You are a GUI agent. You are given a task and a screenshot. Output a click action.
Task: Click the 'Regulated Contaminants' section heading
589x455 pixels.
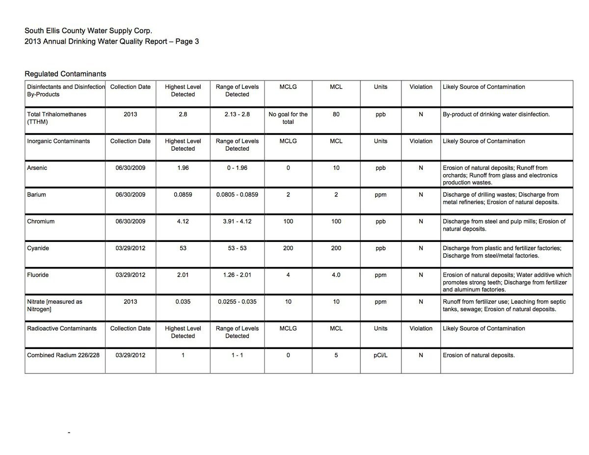(x=65, y=74)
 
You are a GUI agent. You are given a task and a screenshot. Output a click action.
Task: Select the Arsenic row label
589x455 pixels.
(x=37, y=168)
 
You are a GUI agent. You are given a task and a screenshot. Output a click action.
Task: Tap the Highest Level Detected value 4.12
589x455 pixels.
(x=183, y=221)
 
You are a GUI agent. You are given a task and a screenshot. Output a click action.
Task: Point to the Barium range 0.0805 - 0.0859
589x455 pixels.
(x=237, y=194)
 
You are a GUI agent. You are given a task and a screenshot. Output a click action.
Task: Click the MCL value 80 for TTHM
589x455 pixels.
(x=336, y=114)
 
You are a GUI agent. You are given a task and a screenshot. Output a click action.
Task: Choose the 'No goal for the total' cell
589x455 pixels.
(x=288, y=118)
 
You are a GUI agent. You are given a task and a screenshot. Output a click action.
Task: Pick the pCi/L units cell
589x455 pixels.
(x=380, y=355)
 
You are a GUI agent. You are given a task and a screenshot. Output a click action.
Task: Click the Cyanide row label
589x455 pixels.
(x=38, y=248)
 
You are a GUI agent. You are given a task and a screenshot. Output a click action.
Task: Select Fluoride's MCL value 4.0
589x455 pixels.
(x=336, y=275)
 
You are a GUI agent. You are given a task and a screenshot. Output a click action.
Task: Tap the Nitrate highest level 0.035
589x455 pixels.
(x=183, y=302)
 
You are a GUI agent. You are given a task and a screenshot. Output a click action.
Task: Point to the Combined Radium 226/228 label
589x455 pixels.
(x=63, y=355)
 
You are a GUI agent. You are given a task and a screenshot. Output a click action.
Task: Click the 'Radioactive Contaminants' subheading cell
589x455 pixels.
(x=62, y=328)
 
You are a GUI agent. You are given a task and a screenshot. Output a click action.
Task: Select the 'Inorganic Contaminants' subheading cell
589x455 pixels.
(x=58, y=141)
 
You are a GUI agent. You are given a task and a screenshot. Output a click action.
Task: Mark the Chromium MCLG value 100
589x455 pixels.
(x=288, y=221)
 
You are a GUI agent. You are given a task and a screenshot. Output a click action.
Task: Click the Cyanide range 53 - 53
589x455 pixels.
(x=237, y=248)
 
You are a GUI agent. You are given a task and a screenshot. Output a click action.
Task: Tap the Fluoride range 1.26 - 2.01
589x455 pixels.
(x=237, y=275)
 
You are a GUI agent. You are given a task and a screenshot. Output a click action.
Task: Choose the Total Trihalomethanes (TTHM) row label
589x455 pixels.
(x=56, y=118)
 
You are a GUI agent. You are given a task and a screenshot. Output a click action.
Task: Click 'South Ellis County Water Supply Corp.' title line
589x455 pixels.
(x=85, y=31)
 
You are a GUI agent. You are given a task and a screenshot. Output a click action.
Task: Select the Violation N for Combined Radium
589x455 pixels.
(x=421, y=355)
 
